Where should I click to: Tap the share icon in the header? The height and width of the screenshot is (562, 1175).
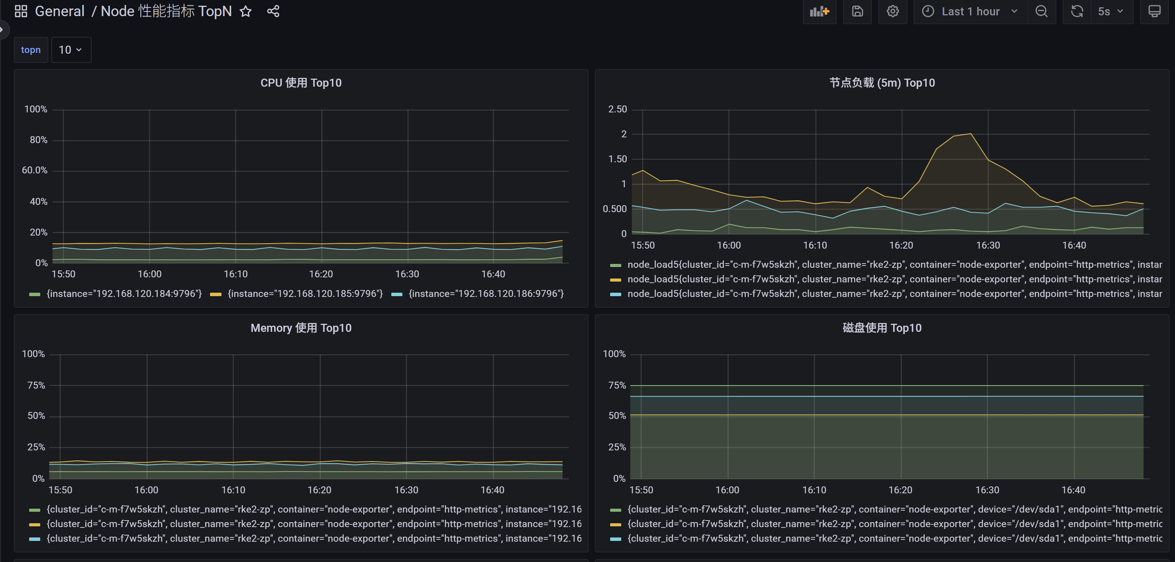tap(273, 12)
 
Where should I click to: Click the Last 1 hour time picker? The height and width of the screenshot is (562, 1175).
tap(971, 12)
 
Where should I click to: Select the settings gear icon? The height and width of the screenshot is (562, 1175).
tap(893, 12)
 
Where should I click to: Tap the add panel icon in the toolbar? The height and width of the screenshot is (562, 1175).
tap(820, 12)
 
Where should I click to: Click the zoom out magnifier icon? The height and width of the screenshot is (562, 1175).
tap(1041, 12)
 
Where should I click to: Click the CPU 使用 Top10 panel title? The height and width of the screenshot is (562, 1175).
tap(301, 82)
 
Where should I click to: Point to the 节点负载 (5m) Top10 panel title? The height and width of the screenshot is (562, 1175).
tap(882, 82)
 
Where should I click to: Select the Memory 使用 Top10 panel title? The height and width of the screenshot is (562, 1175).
tap(301, 328)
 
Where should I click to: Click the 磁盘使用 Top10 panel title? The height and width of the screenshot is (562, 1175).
tap(882, 328)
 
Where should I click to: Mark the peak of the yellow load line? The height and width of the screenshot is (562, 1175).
tap(971, 134)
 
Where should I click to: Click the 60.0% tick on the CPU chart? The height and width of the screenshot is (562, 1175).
tap(34, 170)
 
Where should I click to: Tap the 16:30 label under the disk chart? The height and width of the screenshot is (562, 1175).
tap(987, 490)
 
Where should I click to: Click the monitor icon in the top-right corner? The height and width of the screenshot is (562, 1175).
tap(1154, 12)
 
